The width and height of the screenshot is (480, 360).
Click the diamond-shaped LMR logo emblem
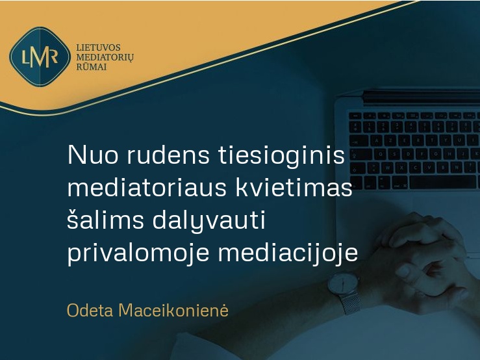coord(40,57)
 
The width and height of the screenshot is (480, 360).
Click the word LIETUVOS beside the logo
coord(98,48)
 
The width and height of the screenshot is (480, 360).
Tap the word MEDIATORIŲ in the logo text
coord(105,57)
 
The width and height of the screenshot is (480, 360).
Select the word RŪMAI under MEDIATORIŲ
coord(92,66)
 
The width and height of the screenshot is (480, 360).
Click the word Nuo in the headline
coord(92,155)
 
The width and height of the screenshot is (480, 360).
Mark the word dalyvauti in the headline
coord(208,220)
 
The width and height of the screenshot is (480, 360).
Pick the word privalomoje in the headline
coord(138,253)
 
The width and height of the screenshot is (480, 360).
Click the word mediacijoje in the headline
coord(288,253)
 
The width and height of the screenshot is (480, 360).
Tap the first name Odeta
coord(90,311)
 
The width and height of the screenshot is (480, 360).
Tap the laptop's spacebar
coord(444,182)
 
